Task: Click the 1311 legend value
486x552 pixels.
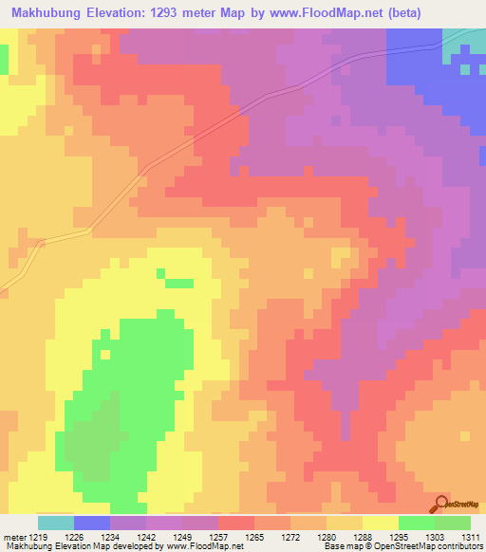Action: click(470, 538)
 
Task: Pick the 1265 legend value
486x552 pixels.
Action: click(253, 538)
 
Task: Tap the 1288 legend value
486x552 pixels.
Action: click(362, 538)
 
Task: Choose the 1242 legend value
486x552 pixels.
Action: click(146, 538)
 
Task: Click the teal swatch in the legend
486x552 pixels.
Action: click(56, 523)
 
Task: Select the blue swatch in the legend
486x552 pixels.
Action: click(92, 523)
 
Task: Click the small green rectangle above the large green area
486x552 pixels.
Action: click(178, 283)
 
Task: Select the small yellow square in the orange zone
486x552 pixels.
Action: click(339, 256)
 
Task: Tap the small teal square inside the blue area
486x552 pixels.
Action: click(464, 69)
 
